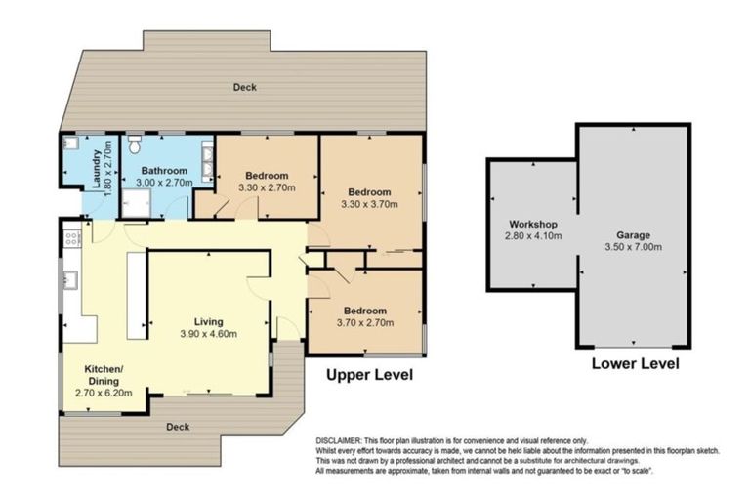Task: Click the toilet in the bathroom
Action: click(x=135, y=145)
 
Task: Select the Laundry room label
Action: click(x=97, y=168)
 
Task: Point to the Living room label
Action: click(x=209, y=322)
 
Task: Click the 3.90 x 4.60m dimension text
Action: click(x=209, y=334)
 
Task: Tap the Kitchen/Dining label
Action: click(x=104, y=375)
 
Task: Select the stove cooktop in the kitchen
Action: click(x=72, y=238)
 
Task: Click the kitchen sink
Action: click(x=71, y=280)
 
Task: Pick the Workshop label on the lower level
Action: click(x=533, y=224)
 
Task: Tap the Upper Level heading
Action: click(x=369, y=375)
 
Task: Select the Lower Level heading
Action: click(x=635, y=363)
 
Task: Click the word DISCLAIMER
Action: click(x=339, y=440)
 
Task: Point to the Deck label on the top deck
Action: click(x=245, y=87)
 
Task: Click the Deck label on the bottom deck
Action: click(x=178, y=427)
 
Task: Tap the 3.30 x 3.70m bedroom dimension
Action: click(x=369, y=204)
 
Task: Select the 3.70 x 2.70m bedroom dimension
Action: click(x=365, y=323)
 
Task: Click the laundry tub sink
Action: click(x=71, y=143)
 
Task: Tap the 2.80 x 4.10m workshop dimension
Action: click(x=533, y=236)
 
